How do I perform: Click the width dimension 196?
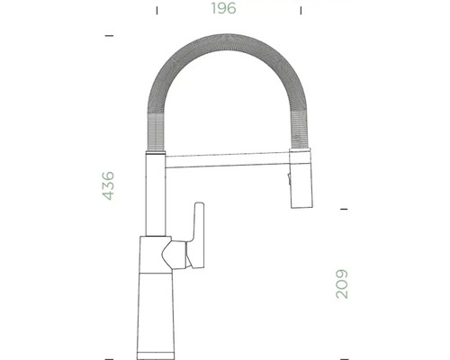point(225,10)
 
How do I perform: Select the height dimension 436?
point(108,184)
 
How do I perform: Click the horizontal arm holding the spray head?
point(225,164)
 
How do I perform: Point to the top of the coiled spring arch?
point(225,40)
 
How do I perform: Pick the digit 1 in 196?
point(213,10)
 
